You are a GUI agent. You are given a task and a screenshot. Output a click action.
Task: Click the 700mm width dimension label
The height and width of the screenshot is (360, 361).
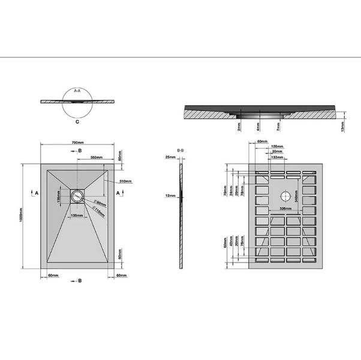(x=77, y=143)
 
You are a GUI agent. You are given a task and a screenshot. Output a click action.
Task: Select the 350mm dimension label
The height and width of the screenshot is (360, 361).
(x=95, y=157)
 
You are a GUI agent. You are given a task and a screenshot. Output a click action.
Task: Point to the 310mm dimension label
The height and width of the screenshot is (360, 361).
(x=125, y=181)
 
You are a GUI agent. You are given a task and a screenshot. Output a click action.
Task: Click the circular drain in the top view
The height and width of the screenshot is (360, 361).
(x=77, y=196)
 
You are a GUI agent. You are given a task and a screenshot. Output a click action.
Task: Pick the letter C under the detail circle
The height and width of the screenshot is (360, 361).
(x=77, y=121)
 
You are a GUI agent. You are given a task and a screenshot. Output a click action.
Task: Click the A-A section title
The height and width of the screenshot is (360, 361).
(x=77, y=90)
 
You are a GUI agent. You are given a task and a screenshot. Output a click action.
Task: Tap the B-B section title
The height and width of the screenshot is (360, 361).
(x=180, y=150)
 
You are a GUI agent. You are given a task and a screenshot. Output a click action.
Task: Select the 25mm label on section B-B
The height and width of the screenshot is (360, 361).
(x=170, y=157)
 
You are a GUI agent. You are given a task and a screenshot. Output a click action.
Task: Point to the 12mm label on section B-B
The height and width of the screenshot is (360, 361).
(x=170, y=195)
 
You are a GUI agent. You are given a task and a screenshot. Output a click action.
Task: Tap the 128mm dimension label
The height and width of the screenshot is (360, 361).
(x=276, y=146)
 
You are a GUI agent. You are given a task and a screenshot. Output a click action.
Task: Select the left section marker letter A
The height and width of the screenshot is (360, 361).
(x=36, y=193)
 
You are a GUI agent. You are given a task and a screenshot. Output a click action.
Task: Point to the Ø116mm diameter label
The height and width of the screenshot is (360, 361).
(x=100, y=213)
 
